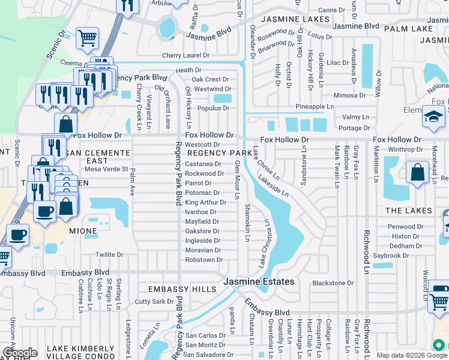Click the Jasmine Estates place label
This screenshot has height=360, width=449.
[259, 281]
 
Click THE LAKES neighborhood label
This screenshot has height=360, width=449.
[408, 211]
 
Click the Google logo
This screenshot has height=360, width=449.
[20, 353]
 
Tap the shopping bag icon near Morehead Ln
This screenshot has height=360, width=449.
[417, 173]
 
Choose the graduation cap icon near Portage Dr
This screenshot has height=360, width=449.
[433, 116]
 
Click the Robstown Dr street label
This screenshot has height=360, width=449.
[204, 260]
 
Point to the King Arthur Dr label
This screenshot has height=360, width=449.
[205, 202]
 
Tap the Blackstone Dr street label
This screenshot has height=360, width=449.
[333, 283]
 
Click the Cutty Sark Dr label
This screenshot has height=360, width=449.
[154, 301]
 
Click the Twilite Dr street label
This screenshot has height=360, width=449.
[109, 254]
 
